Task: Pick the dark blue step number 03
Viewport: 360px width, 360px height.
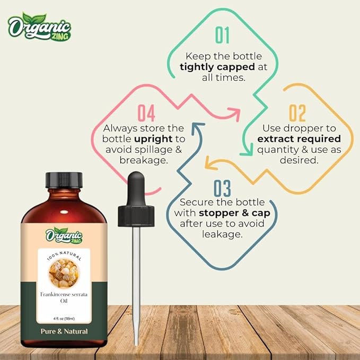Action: click(222, 188)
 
